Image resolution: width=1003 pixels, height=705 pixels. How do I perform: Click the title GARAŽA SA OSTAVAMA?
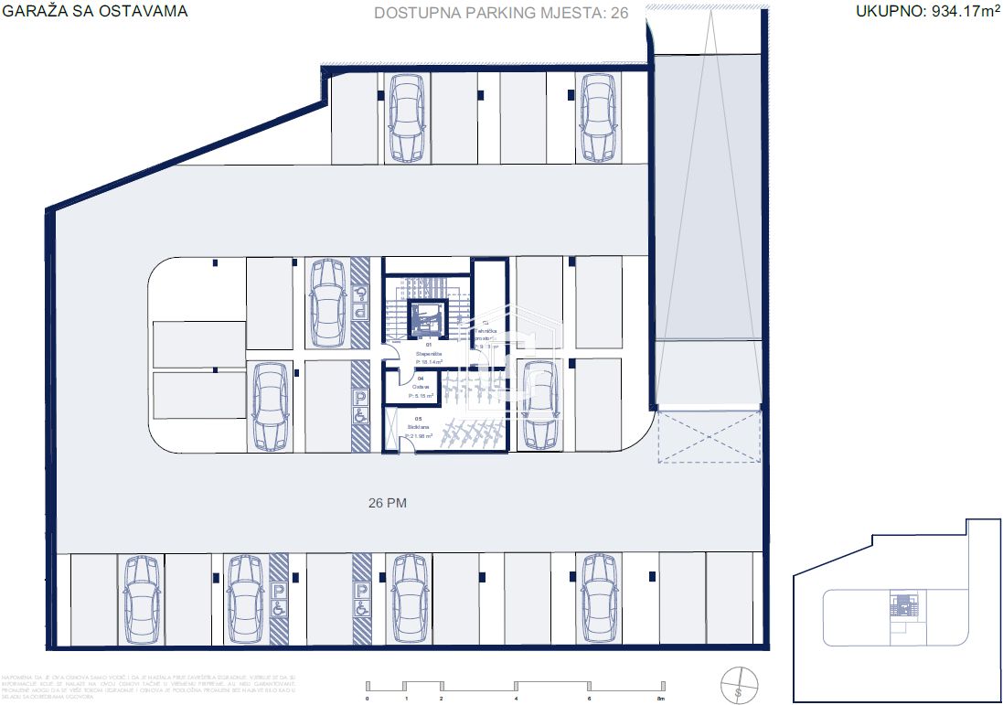(95, 12)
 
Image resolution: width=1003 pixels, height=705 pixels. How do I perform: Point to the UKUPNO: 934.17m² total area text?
(925, 12)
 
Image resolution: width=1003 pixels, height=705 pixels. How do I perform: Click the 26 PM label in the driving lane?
(387, 502)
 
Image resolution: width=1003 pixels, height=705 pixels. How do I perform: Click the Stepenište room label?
(428, 353)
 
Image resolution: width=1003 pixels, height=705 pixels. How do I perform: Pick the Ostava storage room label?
(421, 387)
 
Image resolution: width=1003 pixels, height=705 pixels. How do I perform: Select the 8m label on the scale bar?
(661, 698)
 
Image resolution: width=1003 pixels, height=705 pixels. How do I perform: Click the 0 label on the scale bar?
(367, 698)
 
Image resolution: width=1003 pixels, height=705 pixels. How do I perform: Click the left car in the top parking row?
(406, 117)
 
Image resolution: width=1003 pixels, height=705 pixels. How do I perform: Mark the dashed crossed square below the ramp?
(709, 436)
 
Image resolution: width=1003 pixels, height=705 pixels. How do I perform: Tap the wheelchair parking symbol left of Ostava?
(360, 406)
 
